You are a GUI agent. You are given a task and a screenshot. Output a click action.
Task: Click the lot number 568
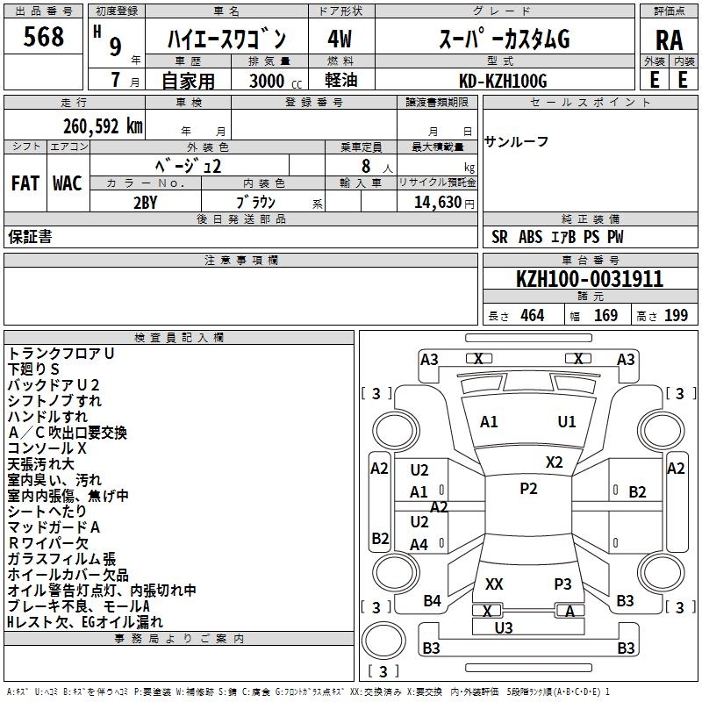tap(43, 37)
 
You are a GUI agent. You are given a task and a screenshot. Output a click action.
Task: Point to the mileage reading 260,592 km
tap(103, 125)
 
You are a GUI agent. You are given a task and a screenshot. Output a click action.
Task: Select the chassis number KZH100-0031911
tap(590, 279)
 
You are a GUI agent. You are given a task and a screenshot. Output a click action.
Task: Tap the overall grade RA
tap(669, 39)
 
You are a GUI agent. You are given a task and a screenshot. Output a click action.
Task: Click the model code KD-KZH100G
tap(504, 81)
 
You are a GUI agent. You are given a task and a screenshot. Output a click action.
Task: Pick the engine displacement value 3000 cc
tap(272, 81)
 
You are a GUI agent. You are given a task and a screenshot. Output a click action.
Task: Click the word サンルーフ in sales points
tap(517, 142)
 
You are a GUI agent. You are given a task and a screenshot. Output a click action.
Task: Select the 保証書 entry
tap(30, 236)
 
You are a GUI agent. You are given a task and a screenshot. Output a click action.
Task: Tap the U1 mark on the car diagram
tap(567, 421)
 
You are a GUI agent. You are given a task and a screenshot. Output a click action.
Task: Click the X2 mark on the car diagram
tap(554, 462)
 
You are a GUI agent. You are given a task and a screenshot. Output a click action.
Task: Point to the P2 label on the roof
tap(528, 489)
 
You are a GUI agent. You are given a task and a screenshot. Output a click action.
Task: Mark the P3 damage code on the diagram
tap(562, 584)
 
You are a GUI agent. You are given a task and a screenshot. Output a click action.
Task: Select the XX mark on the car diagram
tap(494, 584)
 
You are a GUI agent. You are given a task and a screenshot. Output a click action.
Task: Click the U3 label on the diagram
tap(504, 627)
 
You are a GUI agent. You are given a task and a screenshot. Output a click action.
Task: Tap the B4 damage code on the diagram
tap(432, 600)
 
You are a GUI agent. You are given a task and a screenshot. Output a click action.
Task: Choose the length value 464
tap(532, 316)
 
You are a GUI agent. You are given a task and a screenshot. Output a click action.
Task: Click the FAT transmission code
tap(25, 183)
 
